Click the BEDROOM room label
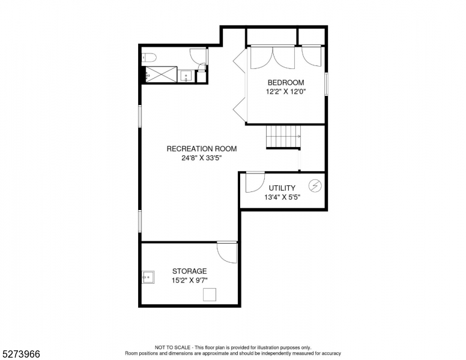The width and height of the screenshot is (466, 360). [286, 83]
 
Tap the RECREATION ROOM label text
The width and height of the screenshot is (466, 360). [202, 149]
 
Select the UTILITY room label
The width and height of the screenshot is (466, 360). [282, 188]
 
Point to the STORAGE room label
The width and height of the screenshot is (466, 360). [190, 271]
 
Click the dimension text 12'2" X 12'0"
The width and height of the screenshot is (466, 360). [286, 91]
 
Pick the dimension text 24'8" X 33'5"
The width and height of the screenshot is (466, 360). [202, 158]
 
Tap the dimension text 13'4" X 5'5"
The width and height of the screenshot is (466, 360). [282, 197]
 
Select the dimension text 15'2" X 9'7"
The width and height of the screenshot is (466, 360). [190, 280]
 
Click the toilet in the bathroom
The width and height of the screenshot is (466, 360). [149, 58]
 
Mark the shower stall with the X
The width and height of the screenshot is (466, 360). [161, 74]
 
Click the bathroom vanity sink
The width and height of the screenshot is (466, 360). [186, 76]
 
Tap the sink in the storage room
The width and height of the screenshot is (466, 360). [148, 277]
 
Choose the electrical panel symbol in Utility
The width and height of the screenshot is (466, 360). [315, 186]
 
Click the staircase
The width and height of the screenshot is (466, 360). [283, 137]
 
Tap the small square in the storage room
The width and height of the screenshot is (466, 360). [210, 295]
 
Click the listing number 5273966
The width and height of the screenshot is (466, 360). [21, 354]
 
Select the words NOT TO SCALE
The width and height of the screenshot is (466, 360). [172, 347]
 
